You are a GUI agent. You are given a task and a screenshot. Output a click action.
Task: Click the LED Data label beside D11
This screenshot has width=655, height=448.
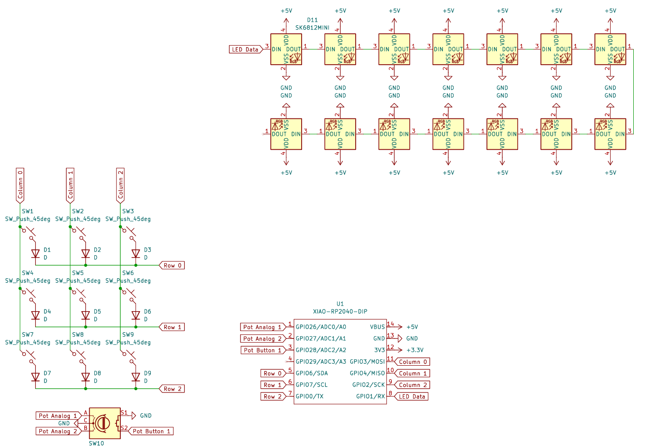pyautogui.click(x=245, y=49)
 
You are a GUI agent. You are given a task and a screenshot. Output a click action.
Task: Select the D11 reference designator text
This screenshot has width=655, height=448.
pyautogui.click(x=312, y=20)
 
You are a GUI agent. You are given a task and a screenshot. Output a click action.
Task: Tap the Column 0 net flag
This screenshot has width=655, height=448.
pyautogui.click(x=20, y=185)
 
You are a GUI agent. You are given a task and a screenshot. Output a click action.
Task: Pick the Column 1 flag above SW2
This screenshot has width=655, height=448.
pyautogui.click(x=70, y=185)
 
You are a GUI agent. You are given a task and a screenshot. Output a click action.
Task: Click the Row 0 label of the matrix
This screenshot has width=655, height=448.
pyautogui.click(x=172, y=265)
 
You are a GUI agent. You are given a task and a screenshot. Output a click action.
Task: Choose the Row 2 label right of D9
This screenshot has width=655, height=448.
pyautogui.click(x=172, y=389)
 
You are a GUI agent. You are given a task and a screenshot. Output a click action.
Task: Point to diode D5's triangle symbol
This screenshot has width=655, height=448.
pyautogui.click(x=86, y=315)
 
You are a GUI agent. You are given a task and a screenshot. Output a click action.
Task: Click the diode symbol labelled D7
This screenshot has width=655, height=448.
pyautogui.click(x=36, y=377)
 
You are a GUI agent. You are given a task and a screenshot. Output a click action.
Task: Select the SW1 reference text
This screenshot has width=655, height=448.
pyautogui.click(x=28, y=211)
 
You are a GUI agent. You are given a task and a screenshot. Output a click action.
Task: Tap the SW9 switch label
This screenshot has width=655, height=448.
pyautogui.click(x=128, y=335)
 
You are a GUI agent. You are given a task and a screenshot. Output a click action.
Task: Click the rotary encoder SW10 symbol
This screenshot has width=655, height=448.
pyautogui.click(x=105, y=423)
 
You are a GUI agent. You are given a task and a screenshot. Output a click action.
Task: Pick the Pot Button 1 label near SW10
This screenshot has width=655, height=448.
pyautogui.click(x=151, y=431)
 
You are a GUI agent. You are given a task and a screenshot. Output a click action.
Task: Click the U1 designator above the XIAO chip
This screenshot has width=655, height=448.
pyautogui.click(x=340, y=304)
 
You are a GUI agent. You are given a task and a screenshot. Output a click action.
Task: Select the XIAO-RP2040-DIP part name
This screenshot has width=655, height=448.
pyautogui.click(x=340, y=312)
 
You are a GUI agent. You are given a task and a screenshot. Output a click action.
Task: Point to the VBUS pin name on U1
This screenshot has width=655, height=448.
pyautogui.click(x=377, y=327)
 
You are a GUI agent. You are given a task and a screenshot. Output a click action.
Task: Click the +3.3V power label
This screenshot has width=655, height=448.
pyautogui.click(x=415, y=350)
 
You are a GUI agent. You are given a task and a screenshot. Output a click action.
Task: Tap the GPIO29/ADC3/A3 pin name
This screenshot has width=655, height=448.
pyautogui.click(x=321, y=362)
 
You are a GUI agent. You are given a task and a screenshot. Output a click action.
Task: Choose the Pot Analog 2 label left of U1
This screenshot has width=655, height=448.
pyautogui.click(x=262, y=339)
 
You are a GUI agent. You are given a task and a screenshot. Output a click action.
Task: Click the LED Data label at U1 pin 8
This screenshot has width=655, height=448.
pyautogui.click(x=412, y=397)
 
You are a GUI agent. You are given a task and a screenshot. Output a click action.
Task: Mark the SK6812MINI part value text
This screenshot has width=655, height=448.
pyautogui.click(x=312, y=28)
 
